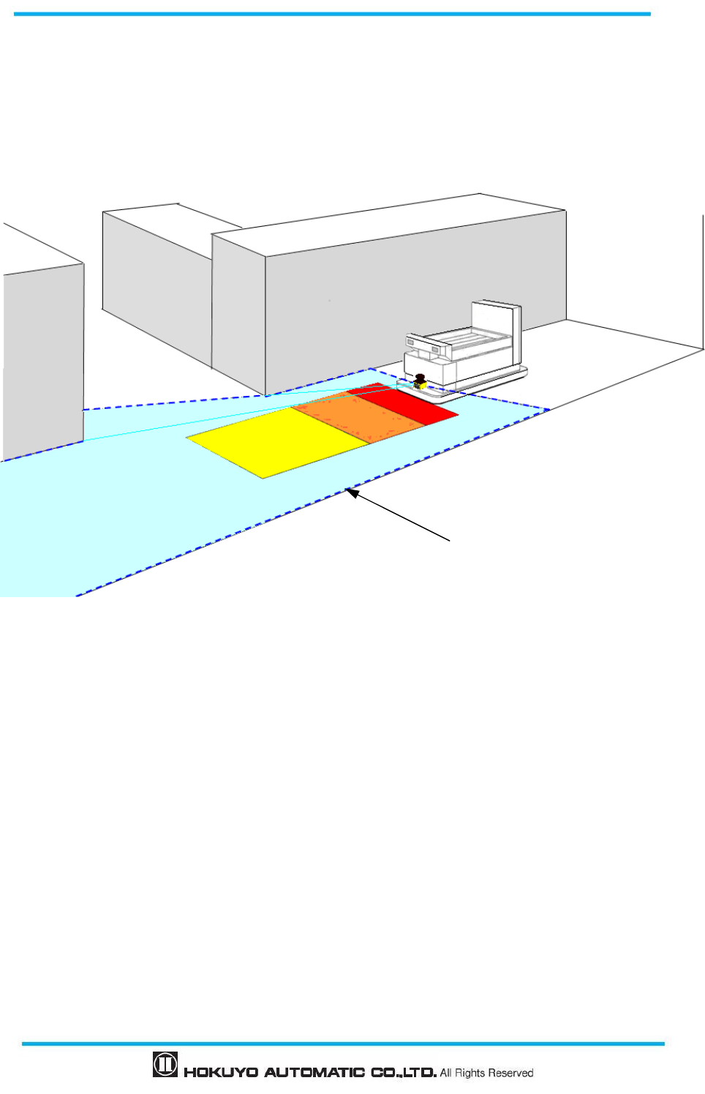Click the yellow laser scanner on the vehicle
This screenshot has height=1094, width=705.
click(421, 384)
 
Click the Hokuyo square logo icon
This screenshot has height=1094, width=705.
click(165, 1064)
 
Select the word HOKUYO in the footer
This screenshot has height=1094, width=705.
click(221, 1073)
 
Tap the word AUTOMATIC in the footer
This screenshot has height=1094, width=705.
click(314, 1073)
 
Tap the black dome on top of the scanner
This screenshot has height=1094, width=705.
click(420, 377)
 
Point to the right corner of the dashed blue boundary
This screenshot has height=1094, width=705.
click(549, 409)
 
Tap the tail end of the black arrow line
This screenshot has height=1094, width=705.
click(448, 541)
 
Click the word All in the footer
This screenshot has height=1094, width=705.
click(446, 1073)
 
